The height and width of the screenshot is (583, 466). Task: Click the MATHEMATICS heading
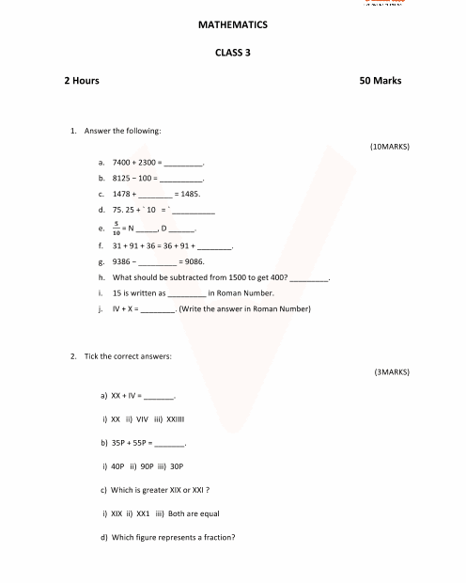(233, 24)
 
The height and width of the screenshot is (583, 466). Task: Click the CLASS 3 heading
(233, 53)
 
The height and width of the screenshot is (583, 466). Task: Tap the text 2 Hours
(82, 81)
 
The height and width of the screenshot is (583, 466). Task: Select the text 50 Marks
(381, 81)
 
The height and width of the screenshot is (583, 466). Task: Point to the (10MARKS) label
(390, 147)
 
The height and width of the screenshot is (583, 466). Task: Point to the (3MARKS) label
(392, 372)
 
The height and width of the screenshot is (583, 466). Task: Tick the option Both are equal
(194, 513)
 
